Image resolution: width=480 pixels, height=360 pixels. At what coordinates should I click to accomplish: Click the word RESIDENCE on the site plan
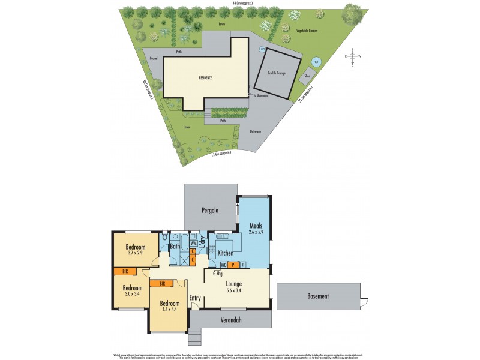point(206,78)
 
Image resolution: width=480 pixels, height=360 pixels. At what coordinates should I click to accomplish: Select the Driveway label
point(255,131)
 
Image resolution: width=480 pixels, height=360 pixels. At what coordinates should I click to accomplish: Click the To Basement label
point(260,95)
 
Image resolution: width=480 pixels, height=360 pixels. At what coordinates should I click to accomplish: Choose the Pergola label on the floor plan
point(209,211)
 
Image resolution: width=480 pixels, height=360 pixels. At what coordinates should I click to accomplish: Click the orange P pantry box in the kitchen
point(232,264)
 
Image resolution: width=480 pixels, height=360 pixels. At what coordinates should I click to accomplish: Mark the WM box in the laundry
point(194,244)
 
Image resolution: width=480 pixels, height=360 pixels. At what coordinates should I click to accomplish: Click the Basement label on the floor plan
point(318,296)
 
